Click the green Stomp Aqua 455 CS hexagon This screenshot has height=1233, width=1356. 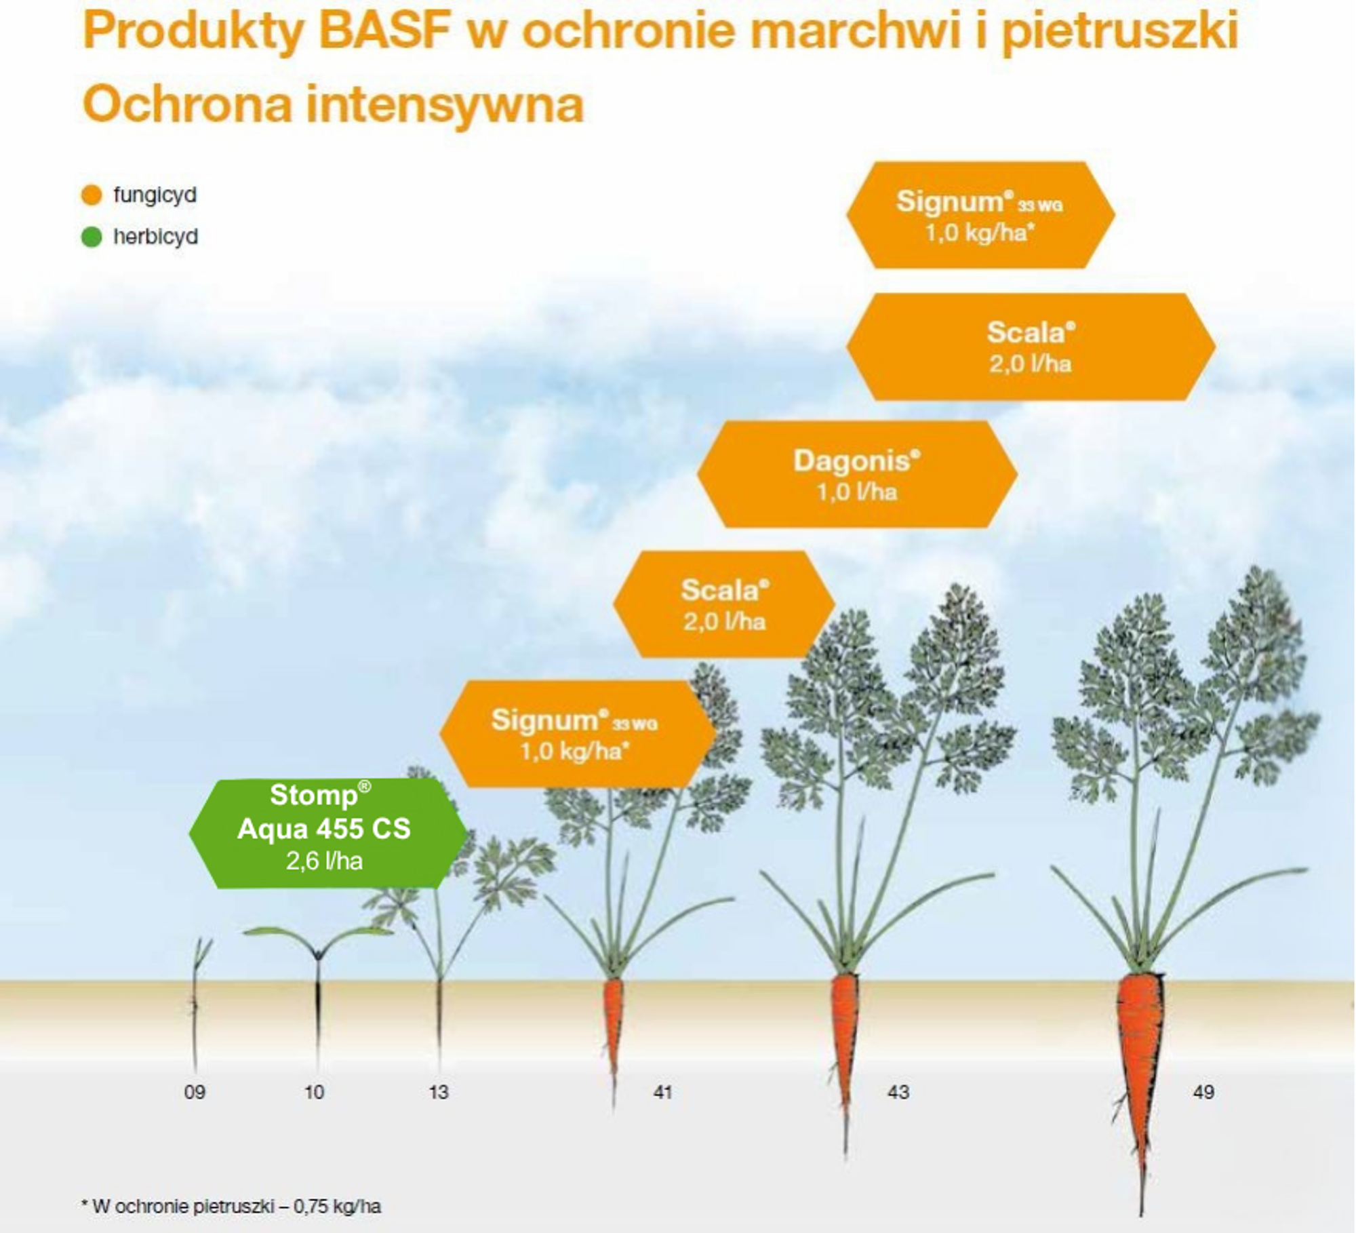(x=328, y=834)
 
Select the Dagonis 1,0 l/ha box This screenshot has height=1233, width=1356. (x=857, y=474)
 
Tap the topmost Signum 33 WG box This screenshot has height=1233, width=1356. (x=980, y=215)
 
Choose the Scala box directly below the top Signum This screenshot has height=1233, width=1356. (x=1031, y=347)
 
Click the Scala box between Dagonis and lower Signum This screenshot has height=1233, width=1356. (x=724, y=604)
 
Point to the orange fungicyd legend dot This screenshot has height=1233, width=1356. (x=92, y=195)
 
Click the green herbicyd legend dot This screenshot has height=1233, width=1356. (x=92, y=237)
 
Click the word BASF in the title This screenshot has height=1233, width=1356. (x=385, y=31)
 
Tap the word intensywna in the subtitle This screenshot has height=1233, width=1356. (x=445, y=105)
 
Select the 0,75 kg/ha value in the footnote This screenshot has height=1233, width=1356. (x=337, y=1206)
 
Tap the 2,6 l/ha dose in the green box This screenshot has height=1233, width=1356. (x=324, y=861)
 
